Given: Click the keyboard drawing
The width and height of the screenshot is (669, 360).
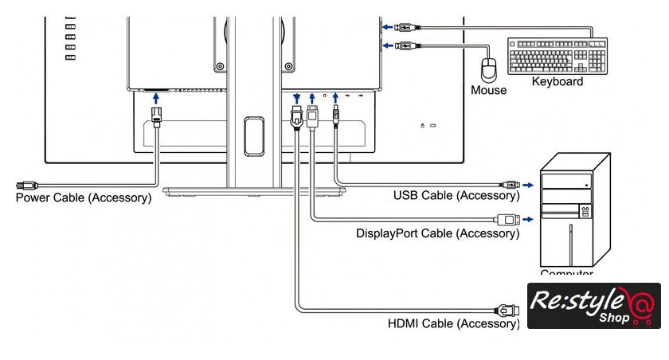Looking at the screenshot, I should tap(557, 57).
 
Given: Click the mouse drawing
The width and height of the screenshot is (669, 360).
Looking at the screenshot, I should tap(491, 68).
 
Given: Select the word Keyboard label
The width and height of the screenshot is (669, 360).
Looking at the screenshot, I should tap(557, 81).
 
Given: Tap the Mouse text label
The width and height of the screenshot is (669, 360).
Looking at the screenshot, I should tap(488, 90).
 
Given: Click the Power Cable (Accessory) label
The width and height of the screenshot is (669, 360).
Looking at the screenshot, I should tap(84, 198).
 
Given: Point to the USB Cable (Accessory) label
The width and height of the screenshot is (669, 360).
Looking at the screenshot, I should tap(456, 196).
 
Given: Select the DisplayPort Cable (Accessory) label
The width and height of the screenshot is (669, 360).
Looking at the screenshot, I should tap(438, 233).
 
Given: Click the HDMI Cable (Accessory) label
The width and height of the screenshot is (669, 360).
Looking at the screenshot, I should tap(453, 323).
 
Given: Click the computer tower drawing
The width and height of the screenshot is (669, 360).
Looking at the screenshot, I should tap(575, 211).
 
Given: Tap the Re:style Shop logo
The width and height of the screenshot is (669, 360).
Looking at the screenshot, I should tap(593, 306).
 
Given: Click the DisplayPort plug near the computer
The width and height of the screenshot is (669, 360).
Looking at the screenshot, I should tap(509, 219).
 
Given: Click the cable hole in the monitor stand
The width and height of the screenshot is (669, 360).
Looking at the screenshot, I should tap(254, 135).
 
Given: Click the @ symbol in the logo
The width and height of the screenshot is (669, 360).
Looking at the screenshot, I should tap(642, 303).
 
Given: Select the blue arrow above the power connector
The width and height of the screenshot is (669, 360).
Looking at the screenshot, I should tap(155, 96).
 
